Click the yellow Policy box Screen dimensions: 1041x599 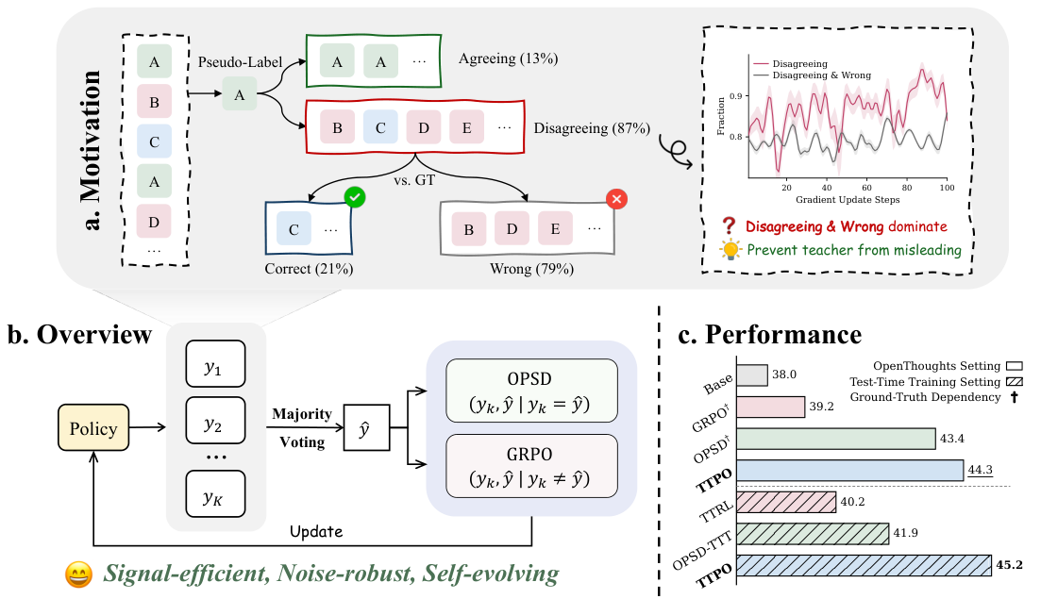point(92,428)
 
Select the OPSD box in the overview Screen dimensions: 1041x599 point(531,391)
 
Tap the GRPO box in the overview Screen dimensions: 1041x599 point(531,466)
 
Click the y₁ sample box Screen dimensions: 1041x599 point(215,363)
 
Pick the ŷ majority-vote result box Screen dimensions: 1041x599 point(366,428)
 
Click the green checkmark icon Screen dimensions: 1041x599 point(355,197)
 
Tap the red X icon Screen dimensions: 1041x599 point(616,198)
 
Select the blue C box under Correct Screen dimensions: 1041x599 point(294,229)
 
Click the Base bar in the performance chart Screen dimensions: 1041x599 point(752,375)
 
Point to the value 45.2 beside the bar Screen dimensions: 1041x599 point(1009,565)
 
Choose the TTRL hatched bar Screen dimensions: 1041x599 point(786,502)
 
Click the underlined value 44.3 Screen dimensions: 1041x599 point(980,471)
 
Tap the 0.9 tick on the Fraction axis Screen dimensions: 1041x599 point(735,96)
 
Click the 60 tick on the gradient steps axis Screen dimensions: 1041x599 point(867,188)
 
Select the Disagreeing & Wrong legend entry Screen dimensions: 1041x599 point(813,75)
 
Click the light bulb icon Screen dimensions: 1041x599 point(730,249)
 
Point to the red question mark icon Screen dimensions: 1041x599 point(729,225)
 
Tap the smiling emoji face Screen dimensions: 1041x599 point(78,574)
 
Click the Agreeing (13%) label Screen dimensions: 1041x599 point(509,58)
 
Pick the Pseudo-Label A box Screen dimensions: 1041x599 point(240,94)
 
